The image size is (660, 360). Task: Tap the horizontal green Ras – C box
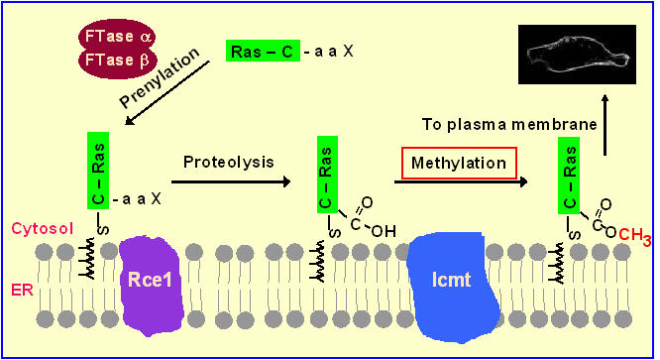click(262, 51)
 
